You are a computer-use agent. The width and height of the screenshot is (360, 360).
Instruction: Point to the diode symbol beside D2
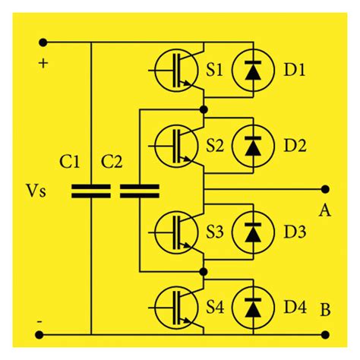pyautogui.click(x=250, y=144)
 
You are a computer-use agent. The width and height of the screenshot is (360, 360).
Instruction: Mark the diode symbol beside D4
pyautogui.click(x=250, y=308)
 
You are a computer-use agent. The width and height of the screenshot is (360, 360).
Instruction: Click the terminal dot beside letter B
pyautogui.click(x=326, y=332)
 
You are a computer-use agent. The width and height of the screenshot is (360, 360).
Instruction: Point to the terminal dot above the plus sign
pyautogui.click(x=43, y=43)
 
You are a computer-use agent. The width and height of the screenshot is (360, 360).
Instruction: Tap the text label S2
pyautogui.click(x=216, y=144)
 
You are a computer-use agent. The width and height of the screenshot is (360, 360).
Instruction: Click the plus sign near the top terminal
pyautogui.click(x=43, y=63)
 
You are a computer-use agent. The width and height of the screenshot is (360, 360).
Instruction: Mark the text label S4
pyautogui.click(x=216, y=308)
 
